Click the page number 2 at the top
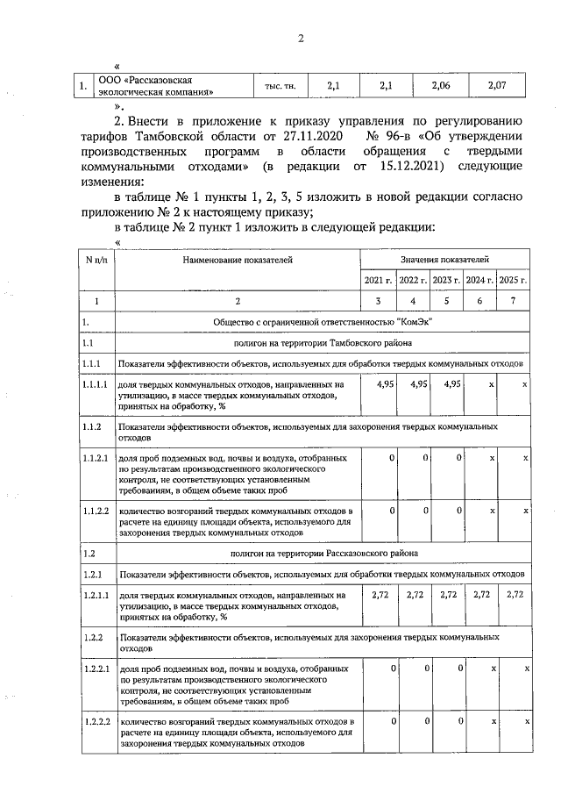click(300, 38)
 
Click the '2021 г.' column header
click(378, 280)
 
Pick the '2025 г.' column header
click(513, 280)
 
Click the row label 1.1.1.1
click(95, 384)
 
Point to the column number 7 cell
click(513, 301)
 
